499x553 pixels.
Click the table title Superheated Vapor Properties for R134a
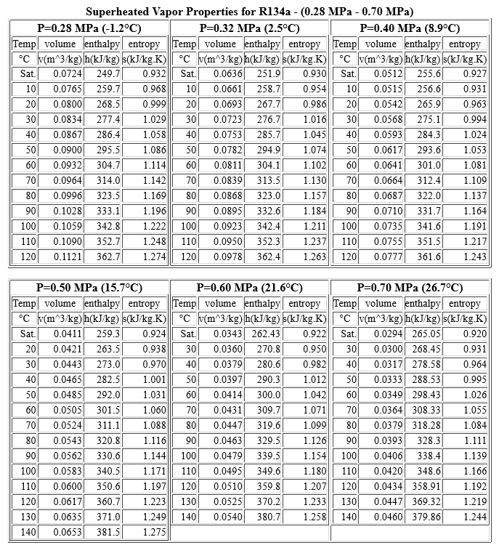click(x=249, y=12)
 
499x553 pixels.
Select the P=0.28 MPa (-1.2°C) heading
click(x=89, y=28)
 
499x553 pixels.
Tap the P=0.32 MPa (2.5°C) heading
click(x=249, y=28)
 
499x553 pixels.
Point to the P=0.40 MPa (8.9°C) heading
click(x=410, y=28)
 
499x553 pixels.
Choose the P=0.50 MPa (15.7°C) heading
click(x=89, y=288)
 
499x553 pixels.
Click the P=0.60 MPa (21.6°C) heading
click(x=249, y=288)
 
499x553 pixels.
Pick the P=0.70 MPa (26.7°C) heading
click(x=410, y=288)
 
